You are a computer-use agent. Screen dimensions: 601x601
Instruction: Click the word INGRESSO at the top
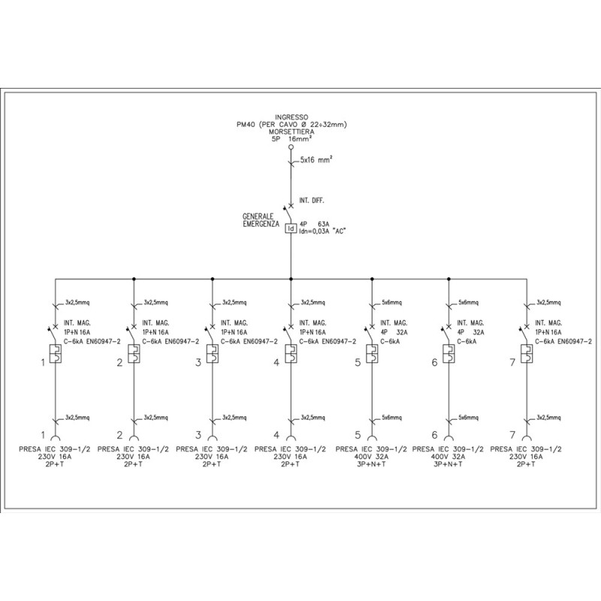click(x=291, y=116)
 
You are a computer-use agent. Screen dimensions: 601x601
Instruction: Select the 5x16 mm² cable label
click(x=316, y=161)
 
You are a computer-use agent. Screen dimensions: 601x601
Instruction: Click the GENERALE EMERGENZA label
click(x=261, y=219)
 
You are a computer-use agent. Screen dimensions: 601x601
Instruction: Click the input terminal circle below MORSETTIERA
click(x=291, y=148)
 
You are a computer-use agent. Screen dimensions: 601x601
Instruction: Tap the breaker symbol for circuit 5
click(x=370, y=354)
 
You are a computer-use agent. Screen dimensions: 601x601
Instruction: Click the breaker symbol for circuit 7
click(x=528, y=354)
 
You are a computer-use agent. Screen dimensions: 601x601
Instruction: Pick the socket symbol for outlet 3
click(x=213, y=437)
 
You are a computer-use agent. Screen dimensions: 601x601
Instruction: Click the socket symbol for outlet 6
click(x=449, y=437)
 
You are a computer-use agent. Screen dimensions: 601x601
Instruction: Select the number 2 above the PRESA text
click(x=119, y=435)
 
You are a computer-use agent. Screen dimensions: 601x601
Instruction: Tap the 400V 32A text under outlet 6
click(x=449, y=457)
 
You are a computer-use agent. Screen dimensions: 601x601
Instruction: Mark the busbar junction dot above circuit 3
click(x=213, y=278)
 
